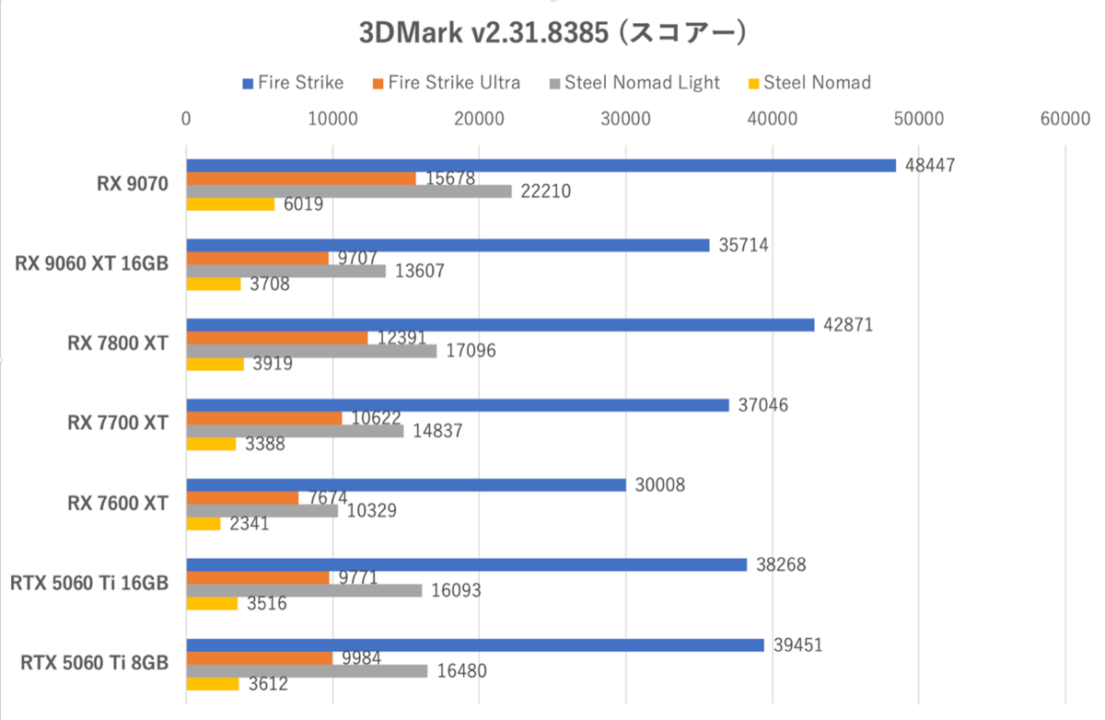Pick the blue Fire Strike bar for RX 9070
tap(541, 166)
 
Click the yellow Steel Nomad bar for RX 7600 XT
tap(204, 524)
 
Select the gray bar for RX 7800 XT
tap(311, 351)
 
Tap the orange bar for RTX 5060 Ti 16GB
tap(258, 577)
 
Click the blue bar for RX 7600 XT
tap(406, 484)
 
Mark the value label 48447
tap(930, 166)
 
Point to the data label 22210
tap(545, 192)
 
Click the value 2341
tap(248, 524)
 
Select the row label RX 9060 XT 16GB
tap(91, 264)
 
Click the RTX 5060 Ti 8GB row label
tap(89, 663)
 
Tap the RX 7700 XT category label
tap(118, 424)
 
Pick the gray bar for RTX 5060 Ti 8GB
tap(307, 670)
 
